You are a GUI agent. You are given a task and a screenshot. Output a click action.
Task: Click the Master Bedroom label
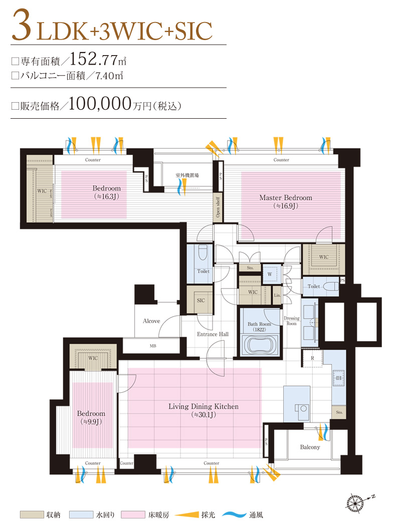coord(286,198)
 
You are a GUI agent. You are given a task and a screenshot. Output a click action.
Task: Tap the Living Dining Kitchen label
coord(204,407)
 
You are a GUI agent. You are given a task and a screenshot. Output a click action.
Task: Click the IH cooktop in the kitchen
coord(339,378)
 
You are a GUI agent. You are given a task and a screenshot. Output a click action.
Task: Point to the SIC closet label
coord(201,301)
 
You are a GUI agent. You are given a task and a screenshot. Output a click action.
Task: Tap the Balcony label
coord(310,447)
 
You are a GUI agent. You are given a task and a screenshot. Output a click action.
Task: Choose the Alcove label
coord(151,321)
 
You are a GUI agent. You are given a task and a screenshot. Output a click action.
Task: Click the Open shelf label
coord(218,207)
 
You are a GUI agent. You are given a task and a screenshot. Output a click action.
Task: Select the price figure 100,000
coord(100,104)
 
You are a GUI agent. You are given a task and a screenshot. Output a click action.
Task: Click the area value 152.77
coord(93,60)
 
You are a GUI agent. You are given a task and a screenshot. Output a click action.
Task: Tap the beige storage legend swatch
coord(32,514)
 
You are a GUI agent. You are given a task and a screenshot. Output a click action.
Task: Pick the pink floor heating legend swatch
coord(133,514)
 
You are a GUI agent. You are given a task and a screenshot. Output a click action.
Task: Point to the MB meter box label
coord(153,346)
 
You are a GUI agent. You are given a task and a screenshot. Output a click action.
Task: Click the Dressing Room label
coord(291,321)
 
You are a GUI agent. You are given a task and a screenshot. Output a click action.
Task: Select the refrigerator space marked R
coord(312,358)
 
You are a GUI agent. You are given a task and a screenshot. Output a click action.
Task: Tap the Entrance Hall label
coord(213,334)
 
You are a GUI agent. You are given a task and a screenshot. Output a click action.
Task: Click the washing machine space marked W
coord(270,274)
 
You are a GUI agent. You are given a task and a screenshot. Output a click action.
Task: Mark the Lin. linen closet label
coord(277,295)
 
